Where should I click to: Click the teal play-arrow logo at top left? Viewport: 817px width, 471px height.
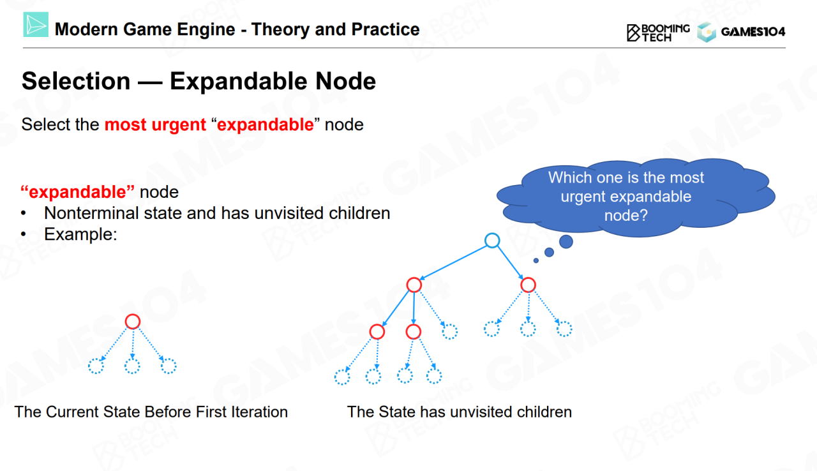(36, 24)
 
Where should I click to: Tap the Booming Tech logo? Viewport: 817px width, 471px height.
(658, 33)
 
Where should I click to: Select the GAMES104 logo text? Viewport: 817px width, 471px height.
(753, 32)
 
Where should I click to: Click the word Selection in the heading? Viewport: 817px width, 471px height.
(76, 81)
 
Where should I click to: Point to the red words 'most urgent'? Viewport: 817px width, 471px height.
(155, 124)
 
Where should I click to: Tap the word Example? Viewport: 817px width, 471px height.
(80, 234)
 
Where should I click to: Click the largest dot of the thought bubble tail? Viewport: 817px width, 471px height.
(566, 241)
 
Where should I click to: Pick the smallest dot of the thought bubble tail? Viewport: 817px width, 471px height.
(536, 260)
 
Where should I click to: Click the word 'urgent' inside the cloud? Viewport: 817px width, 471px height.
(583, 197)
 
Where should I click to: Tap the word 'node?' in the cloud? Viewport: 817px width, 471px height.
(626, 216)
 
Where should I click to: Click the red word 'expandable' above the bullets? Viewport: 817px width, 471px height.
(78, 192)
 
